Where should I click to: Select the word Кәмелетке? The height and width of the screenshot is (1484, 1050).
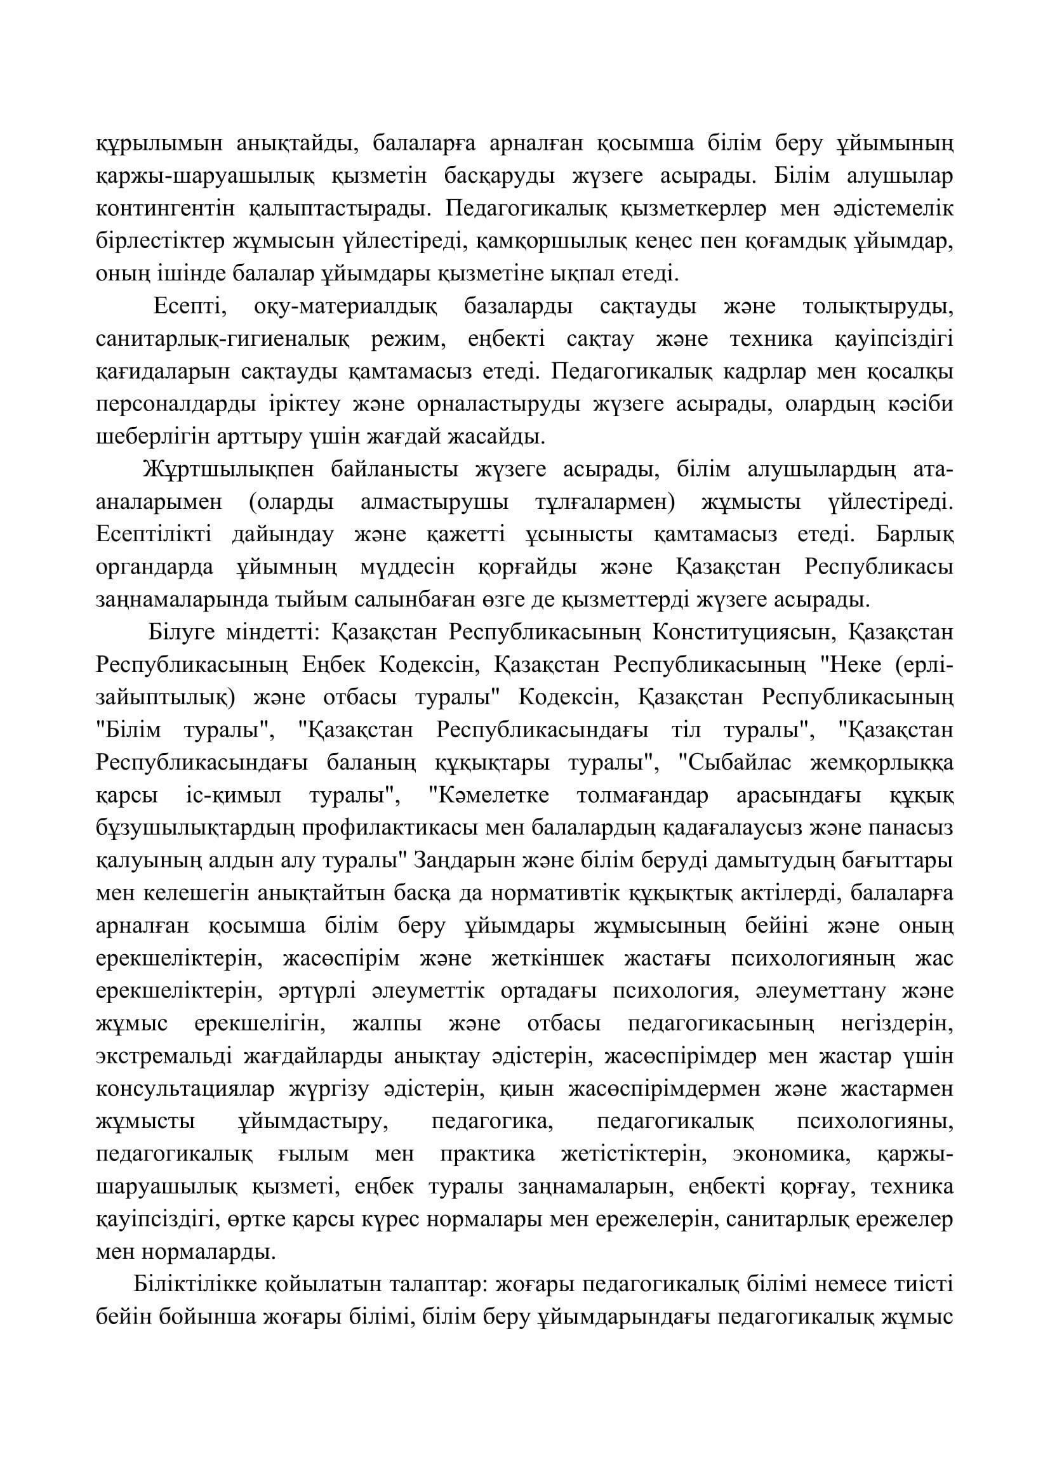[x=489, y=795]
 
